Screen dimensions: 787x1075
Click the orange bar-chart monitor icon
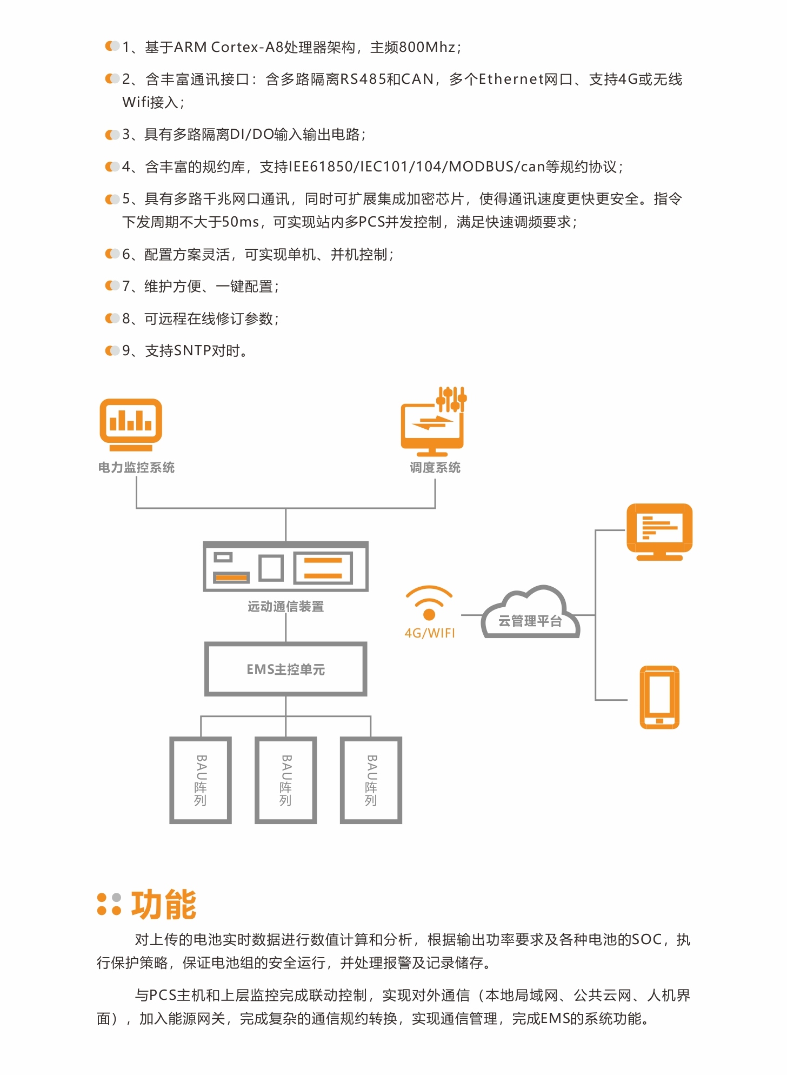point(131,424)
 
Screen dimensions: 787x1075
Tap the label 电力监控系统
point(136,468)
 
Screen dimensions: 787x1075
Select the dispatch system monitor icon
point(433,422)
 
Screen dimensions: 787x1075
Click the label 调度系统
point(435,468)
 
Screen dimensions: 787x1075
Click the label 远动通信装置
point(286,607)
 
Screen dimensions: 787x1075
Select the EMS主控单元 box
point(286,669)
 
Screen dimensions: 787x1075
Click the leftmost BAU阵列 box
point(201,780)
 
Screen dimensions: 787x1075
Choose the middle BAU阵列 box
point(286,780)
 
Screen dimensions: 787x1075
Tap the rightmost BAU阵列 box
point(371,780)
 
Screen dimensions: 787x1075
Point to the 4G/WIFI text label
point(430,633)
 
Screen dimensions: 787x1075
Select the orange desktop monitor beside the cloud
point(659,532)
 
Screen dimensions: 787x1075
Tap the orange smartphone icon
point(659,698)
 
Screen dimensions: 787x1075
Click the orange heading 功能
point(164,905)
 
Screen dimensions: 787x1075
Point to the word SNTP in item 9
point(192,351)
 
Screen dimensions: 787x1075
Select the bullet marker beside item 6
point(112,254)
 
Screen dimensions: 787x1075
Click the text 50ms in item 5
point(241,222)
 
